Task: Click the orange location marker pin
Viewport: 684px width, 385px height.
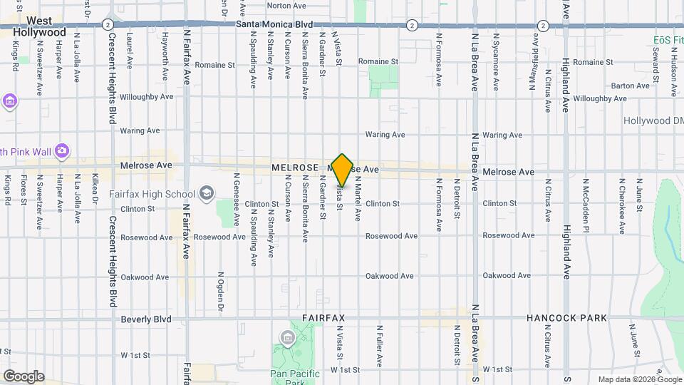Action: click(343, 170)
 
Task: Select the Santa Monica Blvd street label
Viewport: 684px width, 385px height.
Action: click(274, 24)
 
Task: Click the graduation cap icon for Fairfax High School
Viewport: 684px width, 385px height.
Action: click(207, 192)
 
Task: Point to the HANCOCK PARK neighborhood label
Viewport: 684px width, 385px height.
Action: click(566, 318)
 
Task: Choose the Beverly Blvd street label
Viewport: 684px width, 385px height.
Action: click(146, 319)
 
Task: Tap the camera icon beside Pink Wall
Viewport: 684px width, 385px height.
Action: click(62, 150)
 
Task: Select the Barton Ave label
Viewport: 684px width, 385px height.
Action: click(631, 86)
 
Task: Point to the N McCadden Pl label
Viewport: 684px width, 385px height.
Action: click(586, 205)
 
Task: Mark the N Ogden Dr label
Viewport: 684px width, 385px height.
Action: click(221, 291)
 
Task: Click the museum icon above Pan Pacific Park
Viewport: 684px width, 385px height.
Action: click(287, 337)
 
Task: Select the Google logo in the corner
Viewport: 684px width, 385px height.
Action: click(24, 376)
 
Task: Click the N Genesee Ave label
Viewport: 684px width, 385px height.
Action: click(236, 208)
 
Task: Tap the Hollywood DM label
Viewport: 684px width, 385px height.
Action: click(652, 120)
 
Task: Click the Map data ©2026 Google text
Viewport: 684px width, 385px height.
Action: click(639, 379)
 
